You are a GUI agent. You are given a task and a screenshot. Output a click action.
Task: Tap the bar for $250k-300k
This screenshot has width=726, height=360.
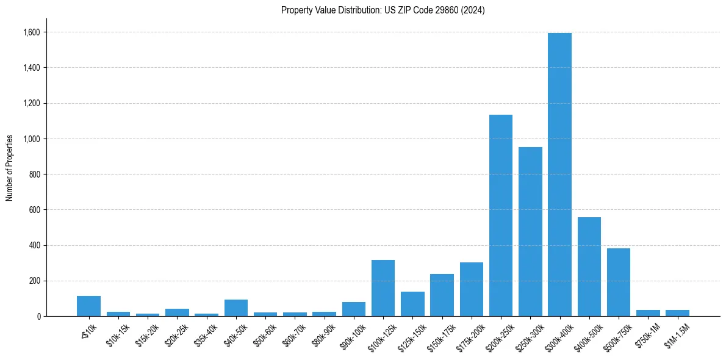(530, 232)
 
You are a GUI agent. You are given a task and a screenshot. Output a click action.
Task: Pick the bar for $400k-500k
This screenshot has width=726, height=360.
(589, 267)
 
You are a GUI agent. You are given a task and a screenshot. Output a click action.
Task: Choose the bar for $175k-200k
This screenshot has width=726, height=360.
(471, 289)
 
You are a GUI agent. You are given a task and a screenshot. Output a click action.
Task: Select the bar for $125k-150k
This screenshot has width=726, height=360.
(412, 304)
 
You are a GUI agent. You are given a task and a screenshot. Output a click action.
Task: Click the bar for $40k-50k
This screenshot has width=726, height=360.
(235, 308)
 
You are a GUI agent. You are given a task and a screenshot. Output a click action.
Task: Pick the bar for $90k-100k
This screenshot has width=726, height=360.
(353, 309)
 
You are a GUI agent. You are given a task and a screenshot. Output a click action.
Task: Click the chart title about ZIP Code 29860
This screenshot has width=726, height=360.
(383, 10)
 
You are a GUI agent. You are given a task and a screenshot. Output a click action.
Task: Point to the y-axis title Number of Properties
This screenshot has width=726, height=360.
(10, 168)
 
